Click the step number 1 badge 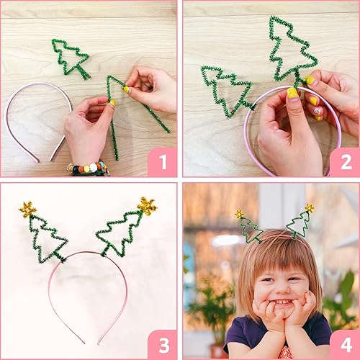[x=163, y=162]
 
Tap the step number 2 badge [x=345, y=162]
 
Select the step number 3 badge [x=163, y=345]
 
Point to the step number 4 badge [x=345, y=345]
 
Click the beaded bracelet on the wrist [x=88, y=168]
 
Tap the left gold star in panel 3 [x=28, y=210]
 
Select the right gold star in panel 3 [x=147, y=206]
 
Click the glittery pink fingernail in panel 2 [x=318, y=111]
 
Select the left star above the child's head [x=239, y=214]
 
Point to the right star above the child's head [x=310, y=208]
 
